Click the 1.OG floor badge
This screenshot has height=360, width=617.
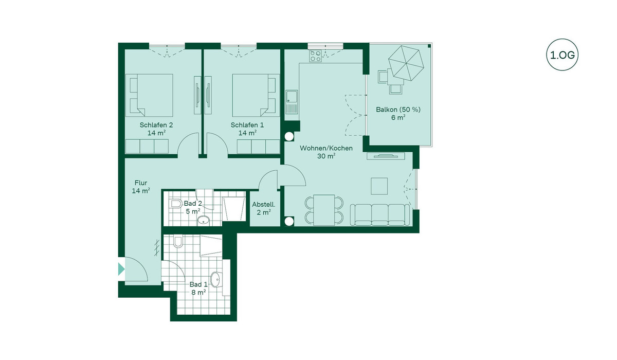click(562, 55)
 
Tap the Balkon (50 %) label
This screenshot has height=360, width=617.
click(398, 110)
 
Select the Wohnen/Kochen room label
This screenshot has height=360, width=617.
click(326, 148)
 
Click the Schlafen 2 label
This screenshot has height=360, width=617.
click(156, 125)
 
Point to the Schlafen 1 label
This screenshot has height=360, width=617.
click(247, 125)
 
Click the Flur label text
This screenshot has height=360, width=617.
click(141, 183)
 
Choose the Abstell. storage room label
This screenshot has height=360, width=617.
click(264, 205)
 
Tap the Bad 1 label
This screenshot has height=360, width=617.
click(198, 284)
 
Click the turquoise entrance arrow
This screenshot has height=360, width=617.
click(121, 269)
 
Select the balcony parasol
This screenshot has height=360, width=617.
click(406, 63)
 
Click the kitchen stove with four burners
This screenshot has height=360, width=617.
click(316, 56)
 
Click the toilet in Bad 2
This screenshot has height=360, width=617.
click(175, 204)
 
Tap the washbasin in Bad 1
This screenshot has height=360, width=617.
click(216, 279)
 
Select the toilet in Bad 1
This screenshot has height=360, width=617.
click(178, 242)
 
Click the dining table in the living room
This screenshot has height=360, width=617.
click(324, 210)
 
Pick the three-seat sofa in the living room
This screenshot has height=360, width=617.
click(380, 215)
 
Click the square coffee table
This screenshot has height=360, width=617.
click(379, 186)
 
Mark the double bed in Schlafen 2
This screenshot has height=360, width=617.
click(149, 95)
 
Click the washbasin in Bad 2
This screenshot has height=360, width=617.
click(204, 221)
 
